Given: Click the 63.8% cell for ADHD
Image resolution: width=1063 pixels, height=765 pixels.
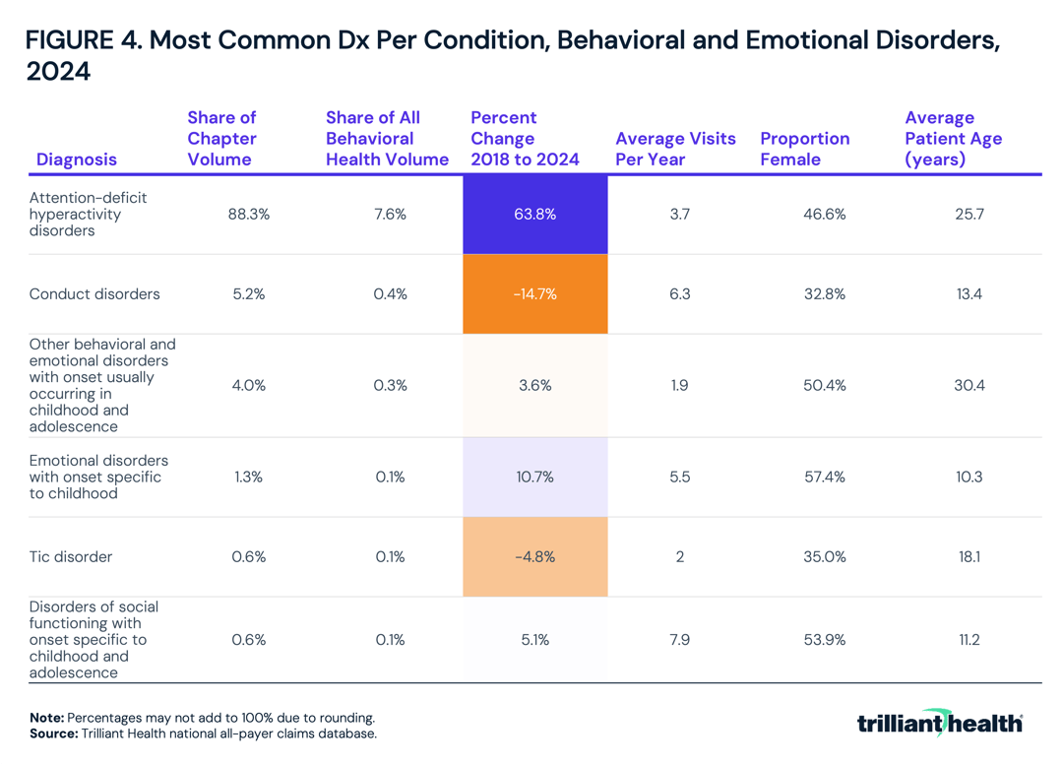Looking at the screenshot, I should (534, 214).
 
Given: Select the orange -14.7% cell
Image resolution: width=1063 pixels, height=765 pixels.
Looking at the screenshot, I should (534, 293).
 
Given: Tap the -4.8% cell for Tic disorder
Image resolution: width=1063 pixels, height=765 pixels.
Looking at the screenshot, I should (534, 556).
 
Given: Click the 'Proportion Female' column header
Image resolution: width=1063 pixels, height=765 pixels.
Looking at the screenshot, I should (804, 149).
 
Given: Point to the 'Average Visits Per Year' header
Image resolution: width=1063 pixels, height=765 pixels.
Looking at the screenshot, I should (675, 149).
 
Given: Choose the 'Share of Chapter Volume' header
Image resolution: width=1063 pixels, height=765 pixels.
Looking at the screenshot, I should (222, 139).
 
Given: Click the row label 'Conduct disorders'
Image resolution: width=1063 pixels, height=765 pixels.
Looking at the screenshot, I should (94, 293).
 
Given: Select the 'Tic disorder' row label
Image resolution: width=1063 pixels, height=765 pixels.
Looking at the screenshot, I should (71, 556).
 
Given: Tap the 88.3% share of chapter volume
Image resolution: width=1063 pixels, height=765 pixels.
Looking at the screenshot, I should (248, 214).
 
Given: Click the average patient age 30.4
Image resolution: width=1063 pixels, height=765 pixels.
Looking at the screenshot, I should (969, 385).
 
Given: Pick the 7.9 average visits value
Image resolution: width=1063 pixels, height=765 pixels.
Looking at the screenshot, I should (679, 640).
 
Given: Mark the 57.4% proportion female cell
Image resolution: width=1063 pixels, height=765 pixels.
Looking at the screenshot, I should (824, 477).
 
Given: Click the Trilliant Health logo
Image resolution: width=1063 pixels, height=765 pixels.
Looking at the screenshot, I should (939, 723).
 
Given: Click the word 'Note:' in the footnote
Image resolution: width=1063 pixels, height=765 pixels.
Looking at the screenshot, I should (47, 718).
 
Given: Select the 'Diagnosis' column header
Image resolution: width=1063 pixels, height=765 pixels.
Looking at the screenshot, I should (77, 159).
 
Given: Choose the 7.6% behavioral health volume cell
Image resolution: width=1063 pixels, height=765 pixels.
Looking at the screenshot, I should (390, 214).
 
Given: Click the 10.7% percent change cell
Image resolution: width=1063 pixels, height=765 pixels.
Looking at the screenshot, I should (534, 477).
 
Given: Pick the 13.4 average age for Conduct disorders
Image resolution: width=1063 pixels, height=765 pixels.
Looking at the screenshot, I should (969, 293).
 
